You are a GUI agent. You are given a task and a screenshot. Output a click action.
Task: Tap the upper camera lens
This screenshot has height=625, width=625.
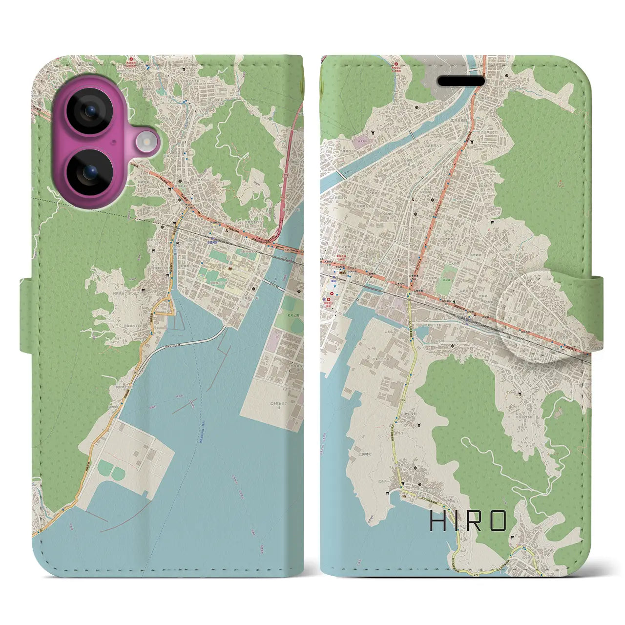89,111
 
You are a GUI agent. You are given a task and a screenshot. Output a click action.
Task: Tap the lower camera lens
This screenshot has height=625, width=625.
89,171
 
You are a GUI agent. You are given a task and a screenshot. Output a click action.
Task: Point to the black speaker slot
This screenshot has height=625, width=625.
460,81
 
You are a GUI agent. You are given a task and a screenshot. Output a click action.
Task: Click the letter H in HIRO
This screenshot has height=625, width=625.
438,521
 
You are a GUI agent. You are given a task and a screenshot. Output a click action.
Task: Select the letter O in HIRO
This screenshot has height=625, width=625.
498,521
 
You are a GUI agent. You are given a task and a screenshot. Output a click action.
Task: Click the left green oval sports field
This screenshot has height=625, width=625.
104,471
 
